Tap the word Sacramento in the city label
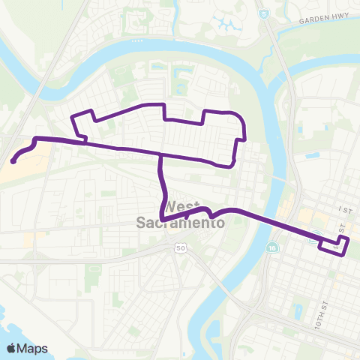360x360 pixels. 181,223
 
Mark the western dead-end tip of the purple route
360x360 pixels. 13,160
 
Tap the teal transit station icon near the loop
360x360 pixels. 312,240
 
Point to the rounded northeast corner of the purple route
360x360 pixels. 239,115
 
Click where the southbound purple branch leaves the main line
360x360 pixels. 160,155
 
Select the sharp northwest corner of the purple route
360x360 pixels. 73,118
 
